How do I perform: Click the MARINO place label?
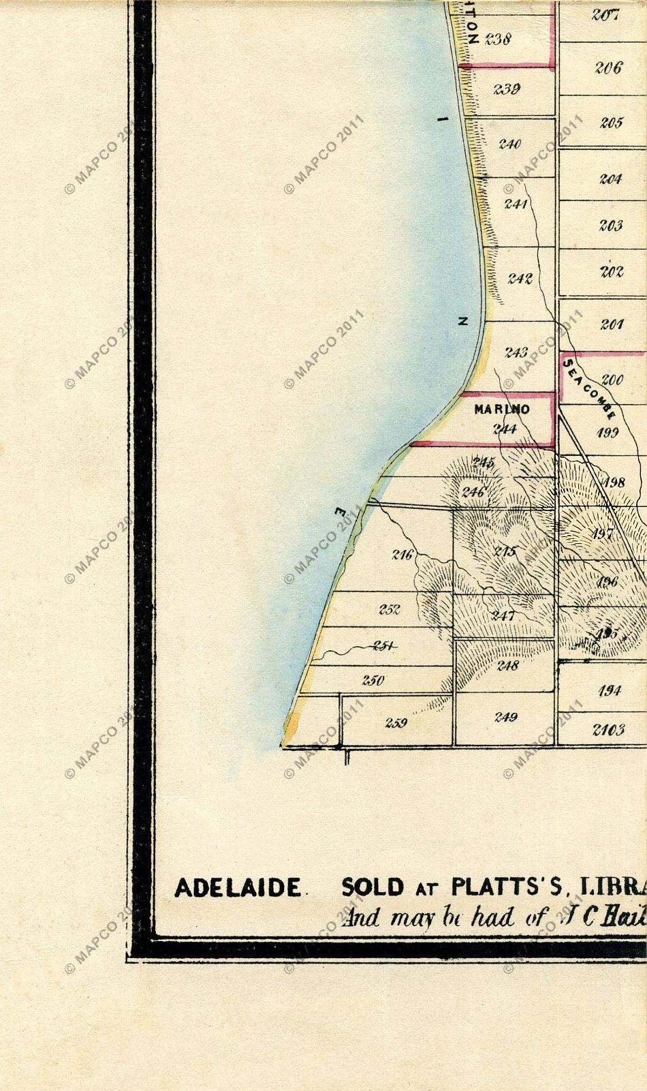click(502, 410)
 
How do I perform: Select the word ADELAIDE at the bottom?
click(238, 887)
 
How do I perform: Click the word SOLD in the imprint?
click(373, 887)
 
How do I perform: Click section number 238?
click(498, 40)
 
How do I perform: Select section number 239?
click(507, 89)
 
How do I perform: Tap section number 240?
click(509, 144)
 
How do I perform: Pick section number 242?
click(520, 278)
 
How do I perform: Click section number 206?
click(607, 67)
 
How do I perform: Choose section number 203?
click(611, 226)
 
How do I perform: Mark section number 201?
click(612, 324)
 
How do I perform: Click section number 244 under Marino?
click(505, 429)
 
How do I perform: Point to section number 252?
click(390, 609)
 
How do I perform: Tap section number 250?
click(373, 680)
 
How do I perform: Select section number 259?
click(396, 723)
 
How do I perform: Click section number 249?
click(506, 717)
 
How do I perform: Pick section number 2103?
click(608, 730)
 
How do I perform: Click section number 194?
click(610, 691)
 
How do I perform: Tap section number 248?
click(507, 665)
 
